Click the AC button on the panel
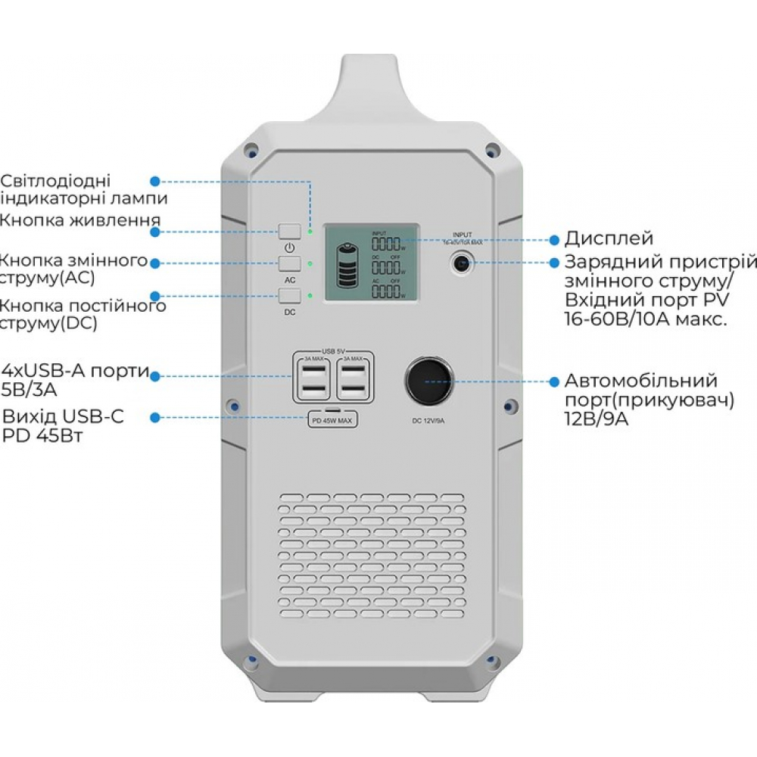[290, 263]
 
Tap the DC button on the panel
[290, 296]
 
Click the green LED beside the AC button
[310, 264]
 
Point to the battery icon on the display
[349, 264]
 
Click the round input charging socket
[461, 263]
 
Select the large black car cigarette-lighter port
[428, 380]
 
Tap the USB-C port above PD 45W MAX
[333, 412]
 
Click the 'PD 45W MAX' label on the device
[333, 421]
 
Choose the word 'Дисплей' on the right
[609, 238]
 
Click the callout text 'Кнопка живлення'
[79, 220]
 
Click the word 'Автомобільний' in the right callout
[641, 380]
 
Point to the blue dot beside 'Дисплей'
[553, 238]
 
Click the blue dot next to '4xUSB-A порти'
[155, 375]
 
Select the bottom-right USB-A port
[354, 390]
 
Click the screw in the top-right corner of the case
[491, 148]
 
